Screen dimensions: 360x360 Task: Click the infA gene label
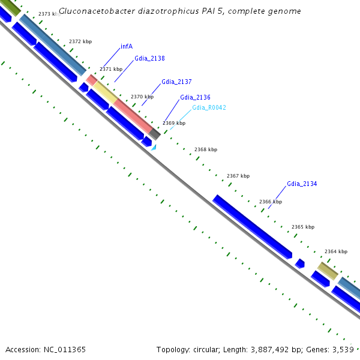tap(126, 46)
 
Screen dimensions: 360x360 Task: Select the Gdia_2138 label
tap(149, 59)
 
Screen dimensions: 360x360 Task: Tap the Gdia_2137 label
tap(176, 82)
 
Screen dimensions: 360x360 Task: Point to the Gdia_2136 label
tap(195, 97)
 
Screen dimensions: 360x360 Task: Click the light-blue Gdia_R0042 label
tap(209, 107)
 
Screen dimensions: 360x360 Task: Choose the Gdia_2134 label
tap(302, 184)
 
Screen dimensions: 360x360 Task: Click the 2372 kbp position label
tap(80, 41)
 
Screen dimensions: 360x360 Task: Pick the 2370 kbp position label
tap(142, 97)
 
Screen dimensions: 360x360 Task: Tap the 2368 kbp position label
tap(206, 149)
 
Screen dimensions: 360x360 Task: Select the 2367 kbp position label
tap(238, 176)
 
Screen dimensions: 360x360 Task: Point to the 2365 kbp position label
tap(303, 227)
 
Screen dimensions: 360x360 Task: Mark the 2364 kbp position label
tap(336, 251)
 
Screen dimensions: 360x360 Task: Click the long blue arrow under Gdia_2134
tap(252, 227)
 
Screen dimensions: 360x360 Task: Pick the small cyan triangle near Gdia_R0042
tap(154, 147)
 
